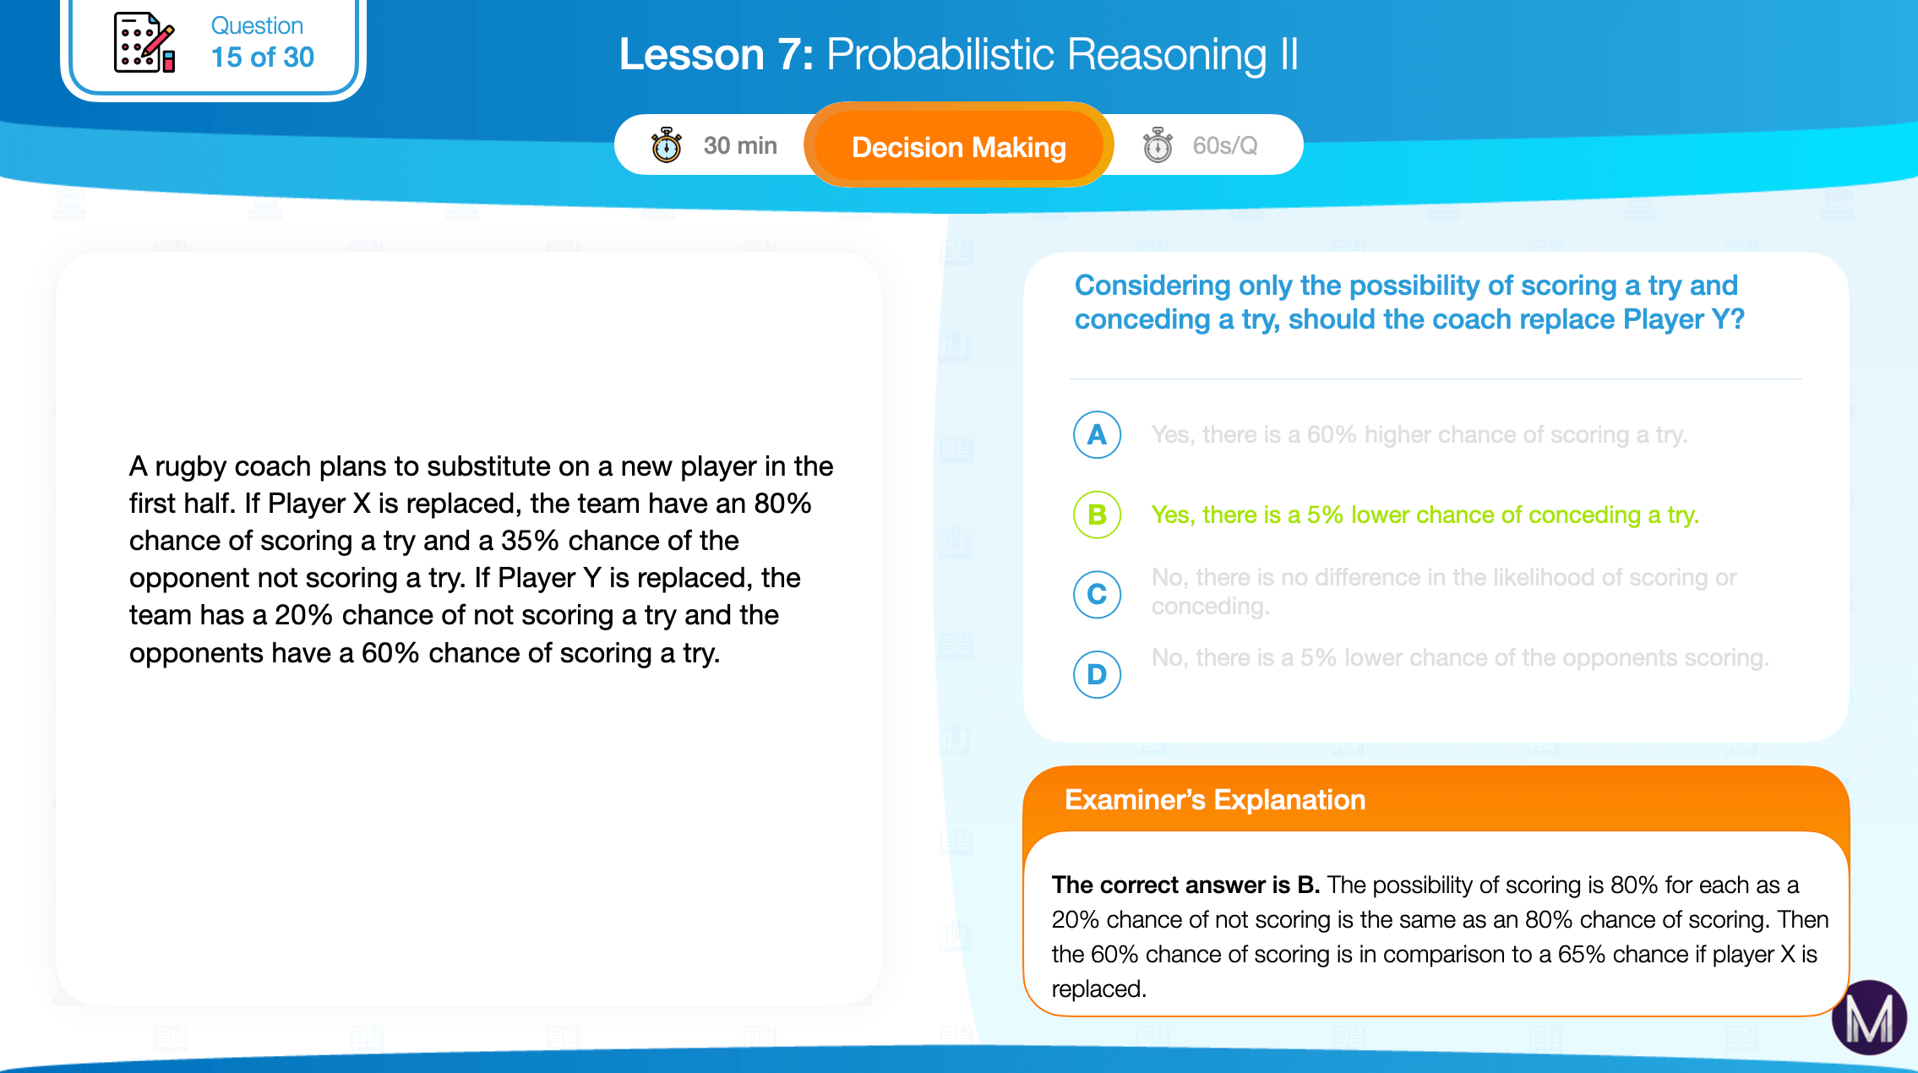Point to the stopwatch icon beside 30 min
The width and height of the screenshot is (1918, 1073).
(x=666, y=145)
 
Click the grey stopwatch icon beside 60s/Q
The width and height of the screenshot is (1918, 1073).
(x=1158, y=145)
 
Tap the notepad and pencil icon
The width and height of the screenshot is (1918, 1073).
(x=144, y=42)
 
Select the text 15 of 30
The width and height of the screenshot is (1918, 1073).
(x=262, y=57)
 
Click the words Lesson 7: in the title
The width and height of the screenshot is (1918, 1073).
(x=717, y=55)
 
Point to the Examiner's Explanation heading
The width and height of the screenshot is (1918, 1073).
(x=1215, y=799)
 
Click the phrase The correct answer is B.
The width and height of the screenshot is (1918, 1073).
(x=1185, y=885)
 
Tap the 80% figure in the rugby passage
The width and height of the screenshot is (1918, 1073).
(x=782, y=504)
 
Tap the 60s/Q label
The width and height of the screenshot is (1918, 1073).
(x=1225, y=145)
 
